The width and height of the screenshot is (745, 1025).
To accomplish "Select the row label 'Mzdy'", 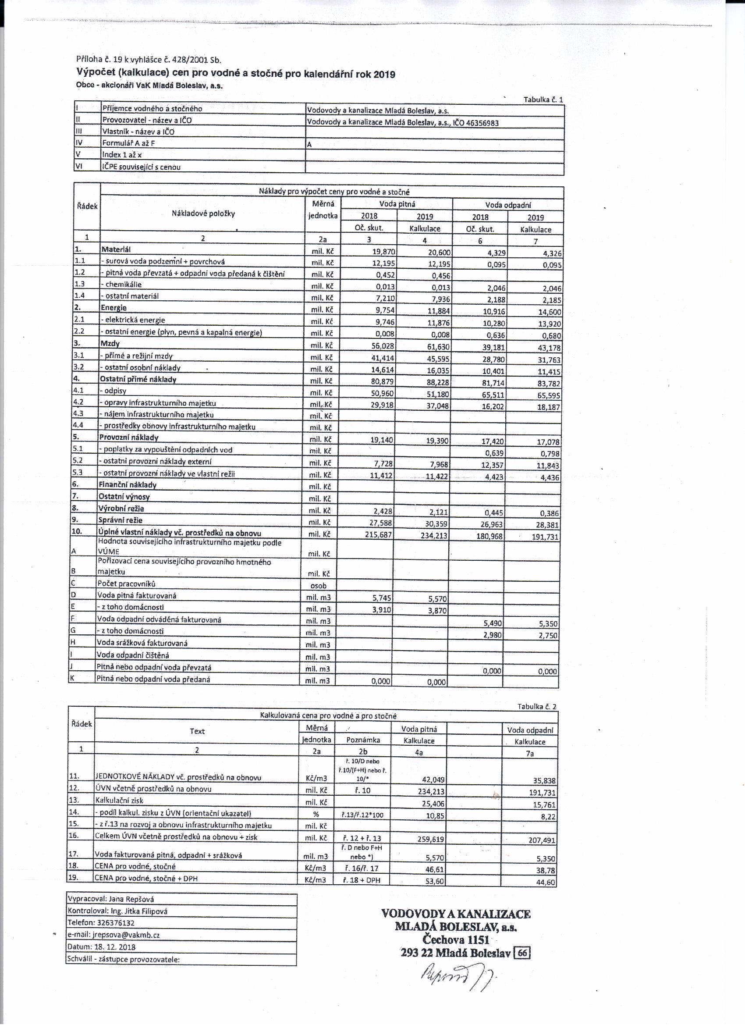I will (110, 343).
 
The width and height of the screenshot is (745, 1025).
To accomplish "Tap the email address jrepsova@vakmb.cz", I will (126, 935).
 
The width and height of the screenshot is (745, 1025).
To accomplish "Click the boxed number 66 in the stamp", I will (522, 953).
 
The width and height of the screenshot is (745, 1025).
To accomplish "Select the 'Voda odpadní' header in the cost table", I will (508, 205).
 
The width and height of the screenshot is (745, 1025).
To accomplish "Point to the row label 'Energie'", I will (114, 308).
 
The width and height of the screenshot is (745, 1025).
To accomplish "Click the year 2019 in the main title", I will (384, 75).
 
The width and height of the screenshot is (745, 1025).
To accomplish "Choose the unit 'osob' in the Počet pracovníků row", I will (319, 585).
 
